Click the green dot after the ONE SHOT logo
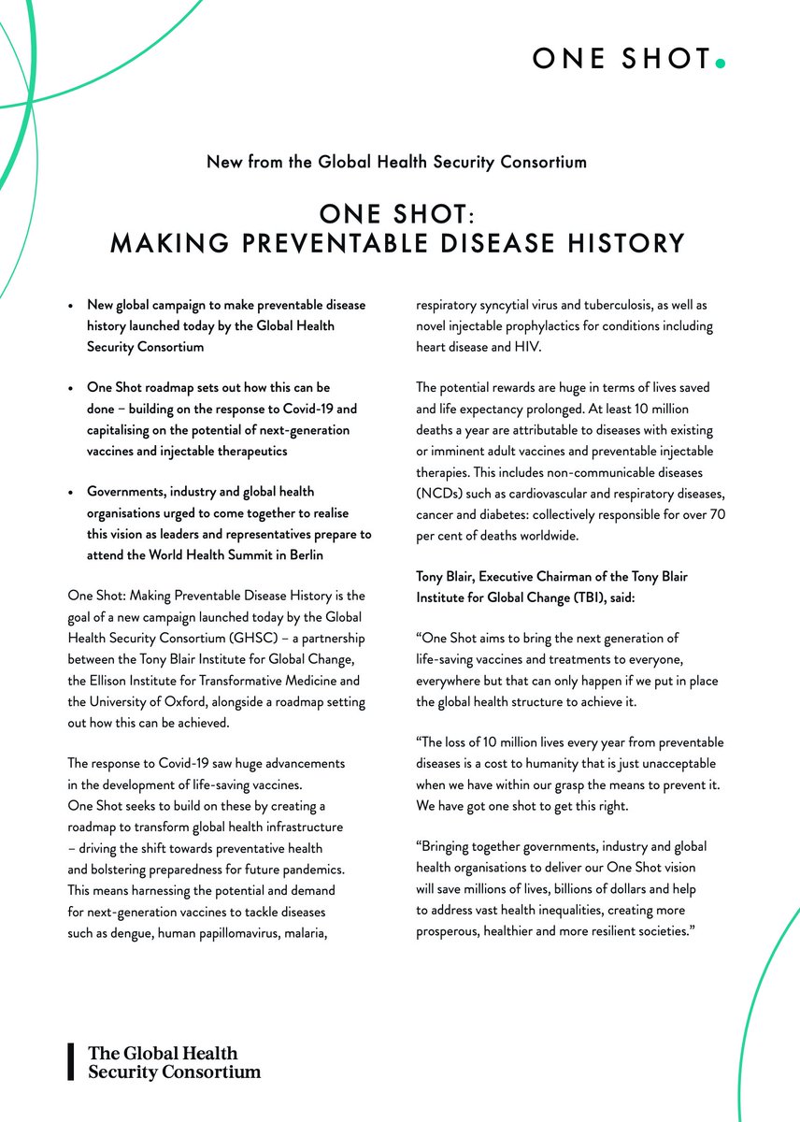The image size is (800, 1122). (719, 64)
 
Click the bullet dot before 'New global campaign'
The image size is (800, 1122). (70, 307)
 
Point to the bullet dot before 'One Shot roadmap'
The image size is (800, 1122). (70, 387)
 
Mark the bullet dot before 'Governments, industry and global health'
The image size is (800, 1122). (70, 493)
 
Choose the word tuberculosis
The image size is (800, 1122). (629, 306)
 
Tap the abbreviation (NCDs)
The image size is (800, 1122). (446, 494)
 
